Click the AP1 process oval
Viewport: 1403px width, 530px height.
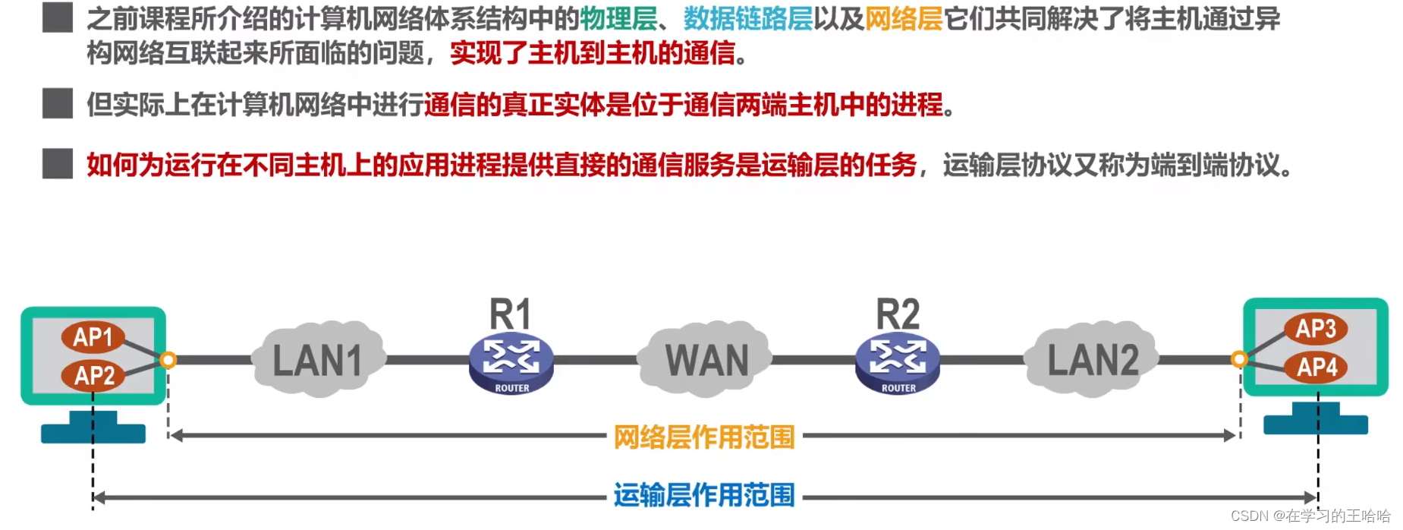(93, 337)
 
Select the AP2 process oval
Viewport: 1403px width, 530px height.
(94, 375)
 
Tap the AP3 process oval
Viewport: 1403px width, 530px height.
(1316, 329)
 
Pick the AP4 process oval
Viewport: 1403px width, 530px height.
(1316, 368)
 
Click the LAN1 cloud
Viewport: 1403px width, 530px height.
(318, 360)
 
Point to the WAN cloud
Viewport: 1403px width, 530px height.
(706, 360)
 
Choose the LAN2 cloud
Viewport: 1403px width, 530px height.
(1093, 360)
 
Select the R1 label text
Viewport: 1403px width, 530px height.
(510, 314)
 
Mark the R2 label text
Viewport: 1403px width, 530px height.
(898, 314)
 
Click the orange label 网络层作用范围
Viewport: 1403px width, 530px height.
(703, 437)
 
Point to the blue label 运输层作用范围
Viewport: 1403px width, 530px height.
(703, 495)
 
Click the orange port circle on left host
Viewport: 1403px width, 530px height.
(168, 360)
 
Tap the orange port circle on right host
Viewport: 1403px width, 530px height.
(1239, 359)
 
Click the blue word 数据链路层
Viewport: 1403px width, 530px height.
(747, 19)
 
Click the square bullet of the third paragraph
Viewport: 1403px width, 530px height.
(58, 163)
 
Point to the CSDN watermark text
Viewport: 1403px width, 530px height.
(1310, 516)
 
